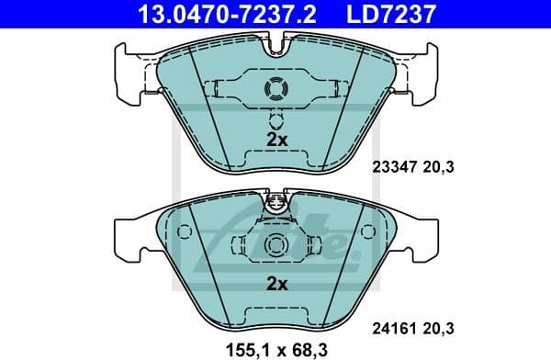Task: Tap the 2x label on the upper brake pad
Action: [x=276, y=139]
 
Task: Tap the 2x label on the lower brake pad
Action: [x=276, y=284]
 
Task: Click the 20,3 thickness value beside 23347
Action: [x=440, y=167]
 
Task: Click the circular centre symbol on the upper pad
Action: [x=275, y=89]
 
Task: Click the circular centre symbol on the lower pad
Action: [x=275, y=244]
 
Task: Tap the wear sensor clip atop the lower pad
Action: [x=275, y=204]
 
